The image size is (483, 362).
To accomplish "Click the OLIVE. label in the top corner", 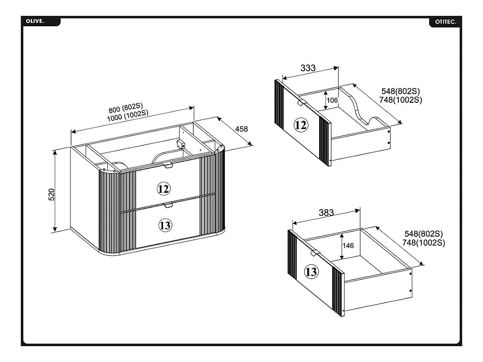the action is point(35,21).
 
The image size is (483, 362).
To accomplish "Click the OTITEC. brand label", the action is point(446,22).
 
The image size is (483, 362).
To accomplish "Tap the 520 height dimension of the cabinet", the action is point(52,195).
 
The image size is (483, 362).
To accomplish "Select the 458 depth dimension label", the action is point(242,129).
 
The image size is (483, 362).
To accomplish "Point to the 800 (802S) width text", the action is point(126,108).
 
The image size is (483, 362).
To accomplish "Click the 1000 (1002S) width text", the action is point(128,115).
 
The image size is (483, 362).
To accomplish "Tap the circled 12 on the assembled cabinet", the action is point(163,189).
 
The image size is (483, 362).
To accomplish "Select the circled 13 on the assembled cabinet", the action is point(165,225).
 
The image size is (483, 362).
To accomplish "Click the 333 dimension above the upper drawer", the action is point(308,68).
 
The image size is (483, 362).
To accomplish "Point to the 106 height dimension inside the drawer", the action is point(332,100).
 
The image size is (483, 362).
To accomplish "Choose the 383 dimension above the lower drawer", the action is point(326,212).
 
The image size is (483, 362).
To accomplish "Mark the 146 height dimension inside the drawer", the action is point(348,246).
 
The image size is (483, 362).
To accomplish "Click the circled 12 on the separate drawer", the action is point(301,125).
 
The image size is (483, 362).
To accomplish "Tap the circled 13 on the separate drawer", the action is point(311,272).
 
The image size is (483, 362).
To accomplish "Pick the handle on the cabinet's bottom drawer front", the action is point(168,205).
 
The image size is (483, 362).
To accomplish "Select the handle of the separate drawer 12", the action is point(301,103).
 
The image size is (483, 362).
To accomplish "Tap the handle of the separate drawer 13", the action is point(314,253).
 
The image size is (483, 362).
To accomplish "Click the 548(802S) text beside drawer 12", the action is point(401,91).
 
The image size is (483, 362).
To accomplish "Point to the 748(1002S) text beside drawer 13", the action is point(424,243).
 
